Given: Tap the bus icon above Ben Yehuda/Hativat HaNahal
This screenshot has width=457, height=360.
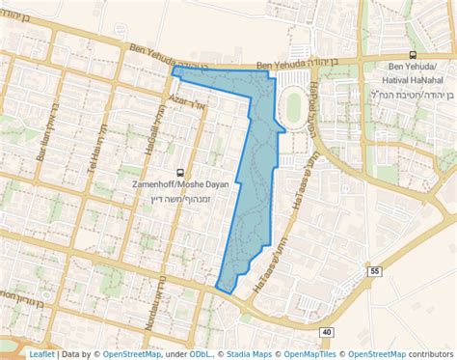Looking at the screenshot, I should click(x=413, y=56).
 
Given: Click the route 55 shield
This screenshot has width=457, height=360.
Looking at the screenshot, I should click(x=375, y=273).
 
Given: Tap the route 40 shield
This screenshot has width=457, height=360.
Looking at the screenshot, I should click(x=327, y=332).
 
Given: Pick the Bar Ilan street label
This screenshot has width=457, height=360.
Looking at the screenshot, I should click(x=41, y=147).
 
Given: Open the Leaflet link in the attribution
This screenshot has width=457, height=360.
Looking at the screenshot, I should click(x=41, y=354).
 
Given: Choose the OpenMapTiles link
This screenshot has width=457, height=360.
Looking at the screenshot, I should click(x=311, y=354).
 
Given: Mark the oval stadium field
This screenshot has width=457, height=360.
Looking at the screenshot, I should click(x=292, y=106).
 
